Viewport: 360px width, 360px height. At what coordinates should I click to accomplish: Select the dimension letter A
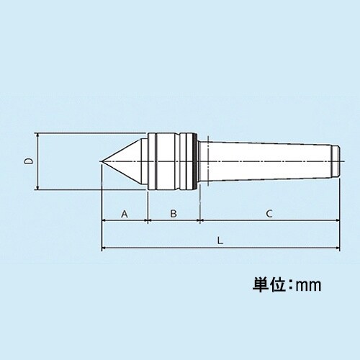pos(124,214)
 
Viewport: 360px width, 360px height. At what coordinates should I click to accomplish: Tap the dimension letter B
pos(173,214)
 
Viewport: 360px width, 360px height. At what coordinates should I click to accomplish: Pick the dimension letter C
pos(268,214)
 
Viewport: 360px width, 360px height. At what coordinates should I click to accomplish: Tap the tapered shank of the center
pos(266,162)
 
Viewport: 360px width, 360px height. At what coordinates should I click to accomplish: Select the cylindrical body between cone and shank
pos(173,162)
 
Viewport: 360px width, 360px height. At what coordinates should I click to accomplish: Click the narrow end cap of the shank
pos(336,162)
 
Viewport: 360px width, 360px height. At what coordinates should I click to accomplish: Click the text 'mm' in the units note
pos(307,285)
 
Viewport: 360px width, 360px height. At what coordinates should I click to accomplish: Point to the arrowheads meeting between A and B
pos(148,220)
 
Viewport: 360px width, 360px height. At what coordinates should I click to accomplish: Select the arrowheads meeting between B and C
pos(198,220)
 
